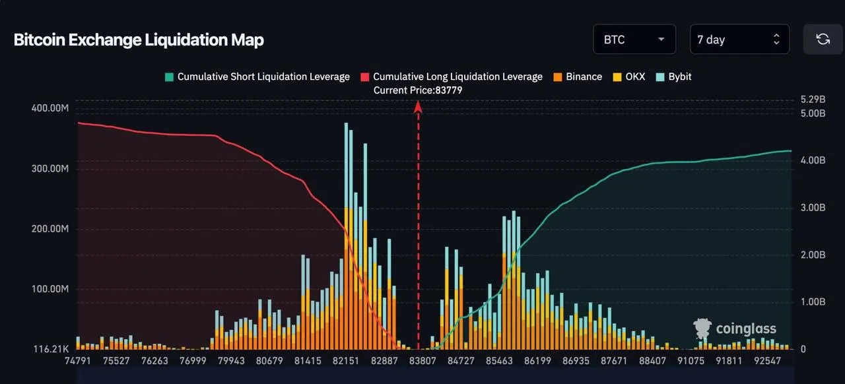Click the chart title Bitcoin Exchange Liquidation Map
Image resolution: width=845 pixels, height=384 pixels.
[139, 40]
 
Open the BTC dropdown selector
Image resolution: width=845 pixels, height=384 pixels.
[634, 39]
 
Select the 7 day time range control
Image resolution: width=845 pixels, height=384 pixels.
[739, 39]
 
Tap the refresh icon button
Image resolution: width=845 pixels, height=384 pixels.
[823, 39]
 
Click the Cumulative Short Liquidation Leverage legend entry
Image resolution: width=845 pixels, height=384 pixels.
[257, 77]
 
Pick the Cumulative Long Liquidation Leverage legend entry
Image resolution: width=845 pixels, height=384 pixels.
[452, 77]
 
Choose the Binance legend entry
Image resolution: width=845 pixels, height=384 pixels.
[578, 77]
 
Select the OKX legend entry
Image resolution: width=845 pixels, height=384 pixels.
[629, 77]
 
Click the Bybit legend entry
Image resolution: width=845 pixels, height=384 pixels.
[674, 77]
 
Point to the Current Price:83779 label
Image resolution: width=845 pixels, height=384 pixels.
[418, 90]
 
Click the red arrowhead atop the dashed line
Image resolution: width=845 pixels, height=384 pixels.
[418, 107]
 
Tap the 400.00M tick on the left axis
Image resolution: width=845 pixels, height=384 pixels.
[50, 108]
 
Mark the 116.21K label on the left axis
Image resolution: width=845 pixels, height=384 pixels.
[51, 349]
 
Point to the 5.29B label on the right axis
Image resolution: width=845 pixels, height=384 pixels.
[813, 99]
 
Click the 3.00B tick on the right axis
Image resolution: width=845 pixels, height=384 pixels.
[813, 207]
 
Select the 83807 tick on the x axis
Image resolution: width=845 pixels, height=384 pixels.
[422, 361]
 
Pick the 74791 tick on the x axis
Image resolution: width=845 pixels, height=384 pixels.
[78, 361]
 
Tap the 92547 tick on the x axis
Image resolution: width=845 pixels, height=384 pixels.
[767, 361]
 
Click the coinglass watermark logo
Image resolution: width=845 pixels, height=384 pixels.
[735, 328]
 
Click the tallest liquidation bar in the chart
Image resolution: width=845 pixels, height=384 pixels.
[346, 236]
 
